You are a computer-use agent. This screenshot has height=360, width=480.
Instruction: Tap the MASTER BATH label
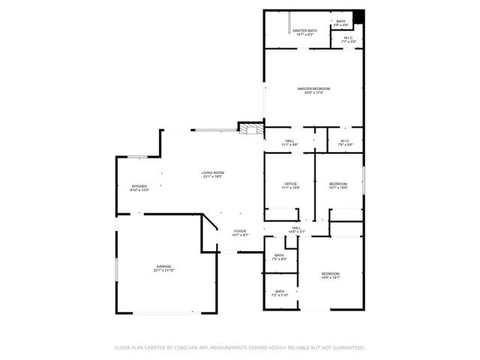[x=305, y=31]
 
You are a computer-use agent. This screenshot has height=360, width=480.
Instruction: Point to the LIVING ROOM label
[x=212, y=174]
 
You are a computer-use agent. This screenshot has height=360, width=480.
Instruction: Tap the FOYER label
[x=240, y=232]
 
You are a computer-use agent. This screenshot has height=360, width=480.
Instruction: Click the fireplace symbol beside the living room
[x=250, y=129]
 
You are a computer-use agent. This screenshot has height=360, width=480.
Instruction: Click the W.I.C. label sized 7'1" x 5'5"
[x=349, y=39]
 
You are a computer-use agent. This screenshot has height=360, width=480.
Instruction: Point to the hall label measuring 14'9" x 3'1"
[x=296, y=229]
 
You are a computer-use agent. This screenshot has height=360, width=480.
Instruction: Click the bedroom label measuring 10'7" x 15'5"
[x=338, y=185]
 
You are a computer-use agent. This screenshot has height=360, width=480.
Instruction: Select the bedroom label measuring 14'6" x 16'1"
[x=331, y=274]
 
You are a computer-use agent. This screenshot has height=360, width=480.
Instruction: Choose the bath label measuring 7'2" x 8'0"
[x=279, y=257]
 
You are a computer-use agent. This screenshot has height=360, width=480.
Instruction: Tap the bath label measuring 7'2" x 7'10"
[x=279, y=292]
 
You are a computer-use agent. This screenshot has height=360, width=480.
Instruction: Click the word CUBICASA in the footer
[x=189, y=348]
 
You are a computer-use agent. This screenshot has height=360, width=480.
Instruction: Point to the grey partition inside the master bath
[x=289, y=22]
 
